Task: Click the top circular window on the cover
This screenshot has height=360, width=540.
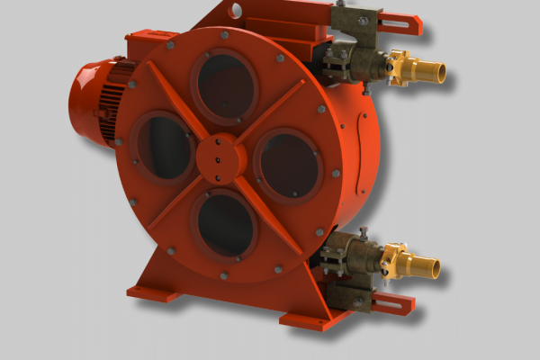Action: click(224, 86)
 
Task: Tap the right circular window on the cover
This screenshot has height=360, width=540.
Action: click(287, 164)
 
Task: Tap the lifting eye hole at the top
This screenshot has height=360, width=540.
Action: click(236, 11)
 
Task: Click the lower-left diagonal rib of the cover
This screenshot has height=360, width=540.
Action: click(175, 203)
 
